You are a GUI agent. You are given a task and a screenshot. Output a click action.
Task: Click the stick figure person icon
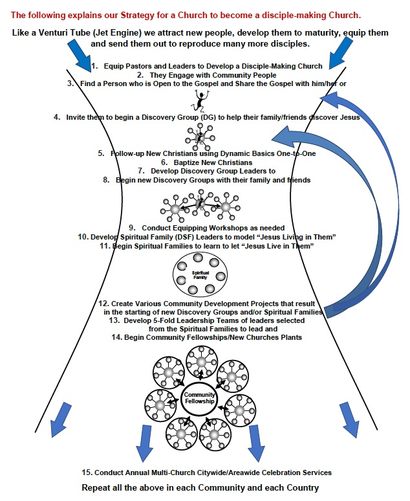201,100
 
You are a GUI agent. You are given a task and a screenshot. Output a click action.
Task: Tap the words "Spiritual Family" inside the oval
201,275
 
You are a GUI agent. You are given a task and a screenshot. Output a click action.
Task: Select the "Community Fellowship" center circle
200,400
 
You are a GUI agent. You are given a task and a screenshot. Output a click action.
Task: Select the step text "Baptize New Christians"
207,162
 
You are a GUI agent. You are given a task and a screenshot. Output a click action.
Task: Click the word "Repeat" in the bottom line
99,487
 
